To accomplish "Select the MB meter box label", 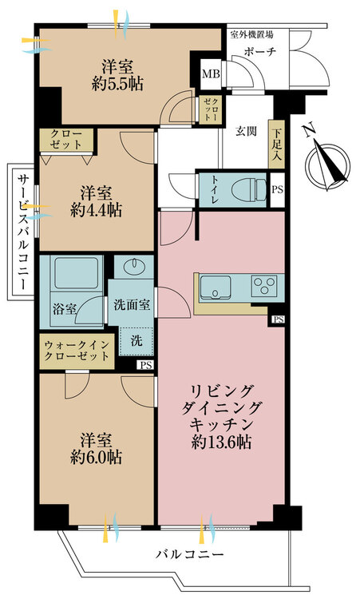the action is [x=211, y=73].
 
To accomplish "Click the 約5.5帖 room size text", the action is [x=117, y=84].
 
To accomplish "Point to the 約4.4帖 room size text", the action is [x=97, y=210].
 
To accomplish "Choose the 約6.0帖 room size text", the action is [x=97, y=457].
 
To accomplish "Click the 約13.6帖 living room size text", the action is [x=221, y=442].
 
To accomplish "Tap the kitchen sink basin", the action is [x=216, y=288].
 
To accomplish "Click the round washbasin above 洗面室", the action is [x=133, y=265].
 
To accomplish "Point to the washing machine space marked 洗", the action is [x=136, y=341].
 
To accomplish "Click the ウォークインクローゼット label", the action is [x=77, y=351].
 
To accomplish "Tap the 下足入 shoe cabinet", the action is [x=277, y=145].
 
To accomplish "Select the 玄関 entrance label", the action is [x=246, y=132].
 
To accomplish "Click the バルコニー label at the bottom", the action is [x=189, y=553].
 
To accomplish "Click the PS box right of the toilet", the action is [x=278, y=189].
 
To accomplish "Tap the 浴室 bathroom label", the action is [x=64, y=308].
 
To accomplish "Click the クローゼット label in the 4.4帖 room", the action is [x=66, y=140].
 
